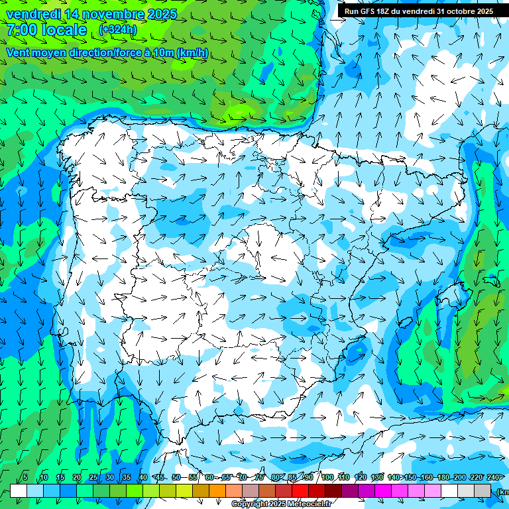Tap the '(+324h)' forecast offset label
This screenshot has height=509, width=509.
pyautogui.click(x=117, y=30)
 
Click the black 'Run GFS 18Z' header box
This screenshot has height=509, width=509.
pyautogui.click(x=418, y=11)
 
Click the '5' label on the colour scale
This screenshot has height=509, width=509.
pyautogui.click(x=25, y=478)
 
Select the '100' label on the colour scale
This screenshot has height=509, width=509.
pyautogui.click(x=327, y=478)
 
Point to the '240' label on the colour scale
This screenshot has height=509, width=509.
pyautogui.click(x=493, y=478)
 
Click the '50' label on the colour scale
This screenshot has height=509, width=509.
pyautogui.click(x=176, y=478)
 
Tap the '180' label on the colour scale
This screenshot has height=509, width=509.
pyautogui.click(x=443, y=478)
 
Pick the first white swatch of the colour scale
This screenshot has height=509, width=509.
pyautogui.click(x=19, y=490)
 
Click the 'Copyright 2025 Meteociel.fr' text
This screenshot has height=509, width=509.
pyautogui.click(x=281, y=504)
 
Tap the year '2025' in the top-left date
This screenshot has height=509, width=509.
pyautogui.click(x=162, y=14)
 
